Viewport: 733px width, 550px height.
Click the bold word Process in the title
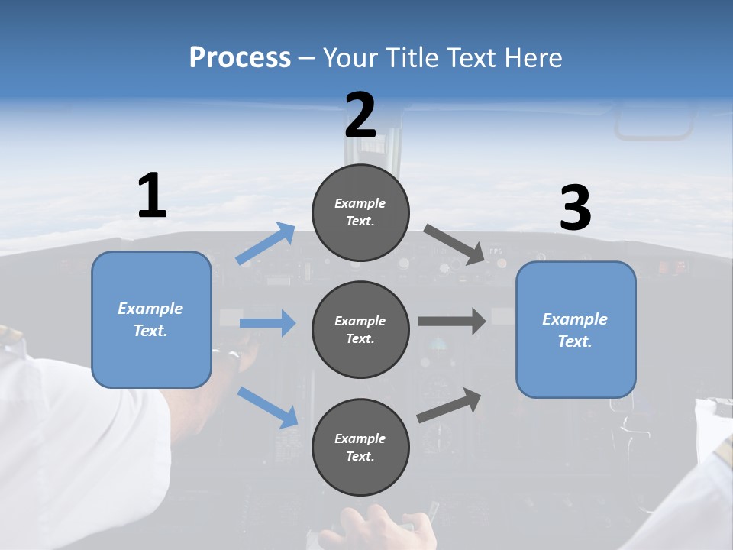coord(240,57)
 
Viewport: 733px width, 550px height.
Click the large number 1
coord(152,196)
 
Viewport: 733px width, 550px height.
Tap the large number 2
coord(360,115)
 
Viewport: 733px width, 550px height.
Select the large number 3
coord(575,209)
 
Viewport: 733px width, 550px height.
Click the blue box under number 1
coord(151,319)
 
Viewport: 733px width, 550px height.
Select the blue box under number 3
coord(576,329)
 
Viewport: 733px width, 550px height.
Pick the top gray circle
coord(360,212)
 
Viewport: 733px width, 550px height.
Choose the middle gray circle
coord(360,329)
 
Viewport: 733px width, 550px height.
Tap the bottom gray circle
coord(360,447)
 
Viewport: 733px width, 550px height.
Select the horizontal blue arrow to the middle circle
coord(267,323)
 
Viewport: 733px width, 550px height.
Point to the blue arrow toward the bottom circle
coord(267,407)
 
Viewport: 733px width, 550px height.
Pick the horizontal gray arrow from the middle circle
coord(452,321)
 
